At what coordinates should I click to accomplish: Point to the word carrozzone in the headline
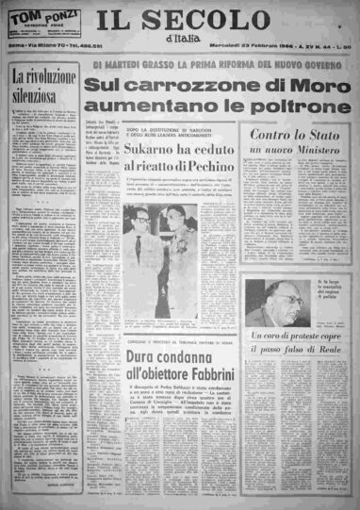173,86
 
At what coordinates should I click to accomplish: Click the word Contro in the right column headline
266,139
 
